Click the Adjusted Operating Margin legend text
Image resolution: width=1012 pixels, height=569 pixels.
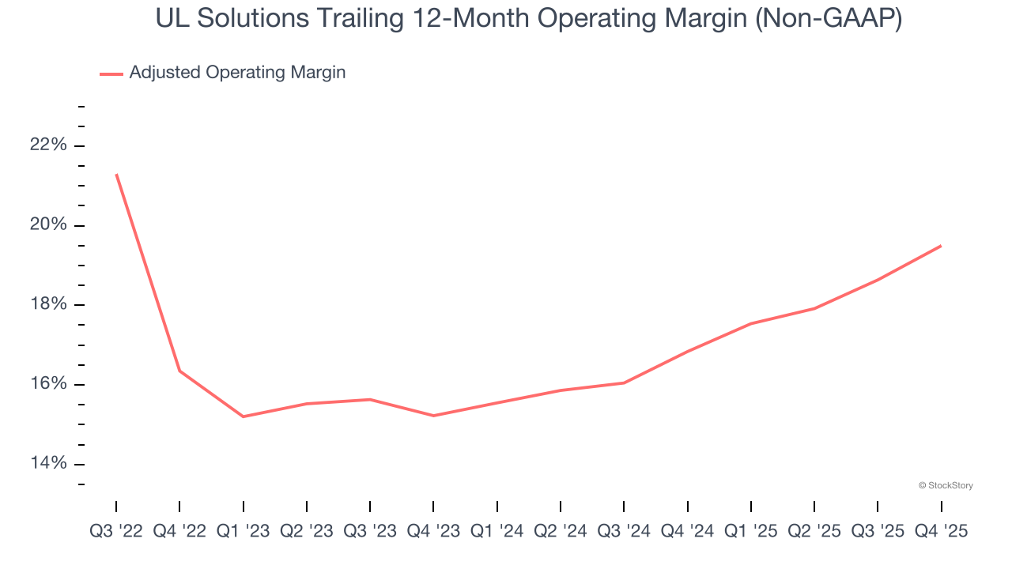[x=237, y=73]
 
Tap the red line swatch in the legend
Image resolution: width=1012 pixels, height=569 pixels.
[x=111, y=73]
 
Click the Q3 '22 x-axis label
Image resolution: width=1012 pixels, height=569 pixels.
[x=116, y=532]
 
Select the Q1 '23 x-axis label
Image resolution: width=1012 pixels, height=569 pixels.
[x=243, y=532]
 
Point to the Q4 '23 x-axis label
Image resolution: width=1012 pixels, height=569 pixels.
[x=433, y=532]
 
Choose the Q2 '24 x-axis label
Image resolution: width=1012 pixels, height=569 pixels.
[x=561, y=532]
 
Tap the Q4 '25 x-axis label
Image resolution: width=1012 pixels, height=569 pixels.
[x=941, y=532]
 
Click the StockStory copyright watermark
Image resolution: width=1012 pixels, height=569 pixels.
[x=946, y=485]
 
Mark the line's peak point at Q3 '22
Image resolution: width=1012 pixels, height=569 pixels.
[x=116, y=174]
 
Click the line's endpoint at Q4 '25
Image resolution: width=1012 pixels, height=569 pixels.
[x=941, y=246]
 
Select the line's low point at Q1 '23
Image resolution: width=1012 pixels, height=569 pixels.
[x=243, y=416]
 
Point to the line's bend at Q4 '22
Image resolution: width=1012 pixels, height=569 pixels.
[x=179, y=371]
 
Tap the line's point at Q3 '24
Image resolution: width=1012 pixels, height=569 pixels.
[x=624, y=382]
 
